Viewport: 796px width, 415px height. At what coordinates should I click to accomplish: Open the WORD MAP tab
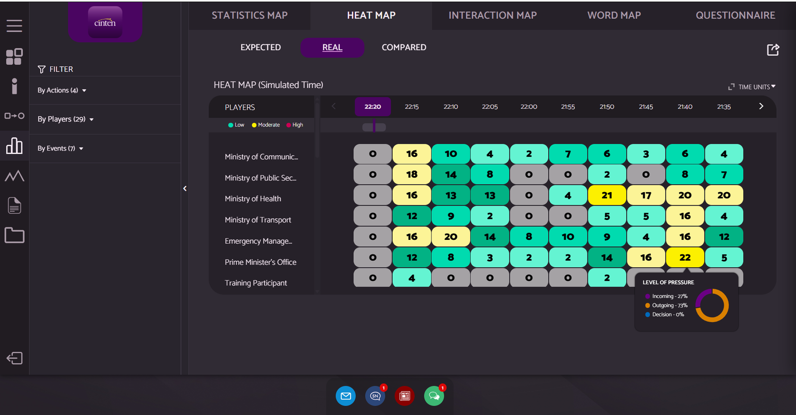pos(614,15)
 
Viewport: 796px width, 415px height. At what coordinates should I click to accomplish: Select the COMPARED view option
pos(403,47)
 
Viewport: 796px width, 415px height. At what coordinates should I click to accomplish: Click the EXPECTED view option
pos(261,47)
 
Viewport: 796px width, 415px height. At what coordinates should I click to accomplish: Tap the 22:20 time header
pos(373,106)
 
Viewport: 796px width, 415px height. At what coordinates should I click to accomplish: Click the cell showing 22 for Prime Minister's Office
pos(685,257)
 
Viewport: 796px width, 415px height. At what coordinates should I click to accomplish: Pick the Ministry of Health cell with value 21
pos(607,195)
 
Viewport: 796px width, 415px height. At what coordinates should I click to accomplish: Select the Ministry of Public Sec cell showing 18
pos(412,174)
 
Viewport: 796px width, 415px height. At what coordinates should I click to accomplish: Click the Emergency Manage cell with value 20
pos(451,236)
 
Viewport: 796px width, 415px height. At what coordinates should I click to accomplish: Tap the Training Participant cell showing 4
pos(412,278)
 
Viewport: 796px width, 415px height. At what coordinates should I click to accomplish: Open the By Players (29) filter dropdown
pos(66,119)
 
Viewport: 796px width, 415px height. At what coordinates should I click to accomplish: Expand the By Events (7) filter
pos(60,148)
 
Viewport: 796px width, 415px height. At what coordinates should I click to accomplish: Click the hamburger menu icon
pos(14,26)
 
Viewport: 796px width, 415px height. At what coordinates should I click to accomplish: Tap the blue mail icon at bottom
pos(346,396)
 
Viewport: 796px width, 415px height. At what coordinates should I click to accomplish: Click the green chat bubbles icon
pos(434,396)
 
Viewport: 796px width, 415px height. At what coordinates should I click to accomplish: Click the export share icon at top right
pos(773,49)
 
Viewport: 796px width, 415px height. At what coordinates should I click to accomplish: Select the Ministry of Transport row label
pos(258,220)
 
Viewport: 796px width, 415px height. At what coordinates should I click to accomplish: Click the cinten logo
pos(105,22)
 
